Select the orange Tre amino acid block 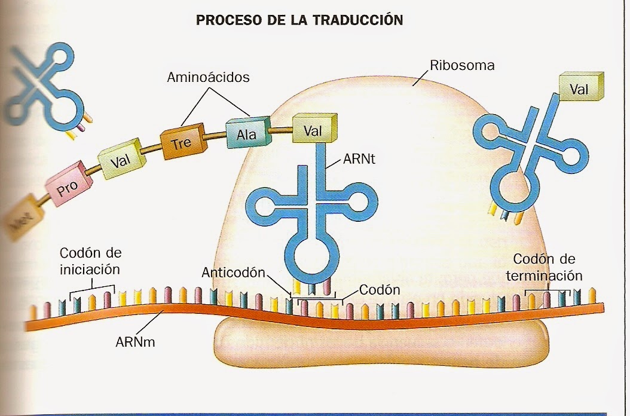[x=182, y=142]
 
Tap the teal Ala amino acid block [x=246, y=134]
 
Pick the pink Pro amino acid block [x=68, y=187]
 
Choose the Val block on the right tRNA [x=580, y=90]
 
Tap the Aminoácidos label [x=208, y=77]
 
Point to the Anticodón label [x=233, y=272]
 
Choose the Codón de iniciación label [x=90, y=261]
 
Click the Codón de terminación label [x=543, y=267]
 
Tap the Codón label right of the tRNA [x=380, y=290]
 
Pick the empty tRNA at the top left [x=45, y=90]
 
